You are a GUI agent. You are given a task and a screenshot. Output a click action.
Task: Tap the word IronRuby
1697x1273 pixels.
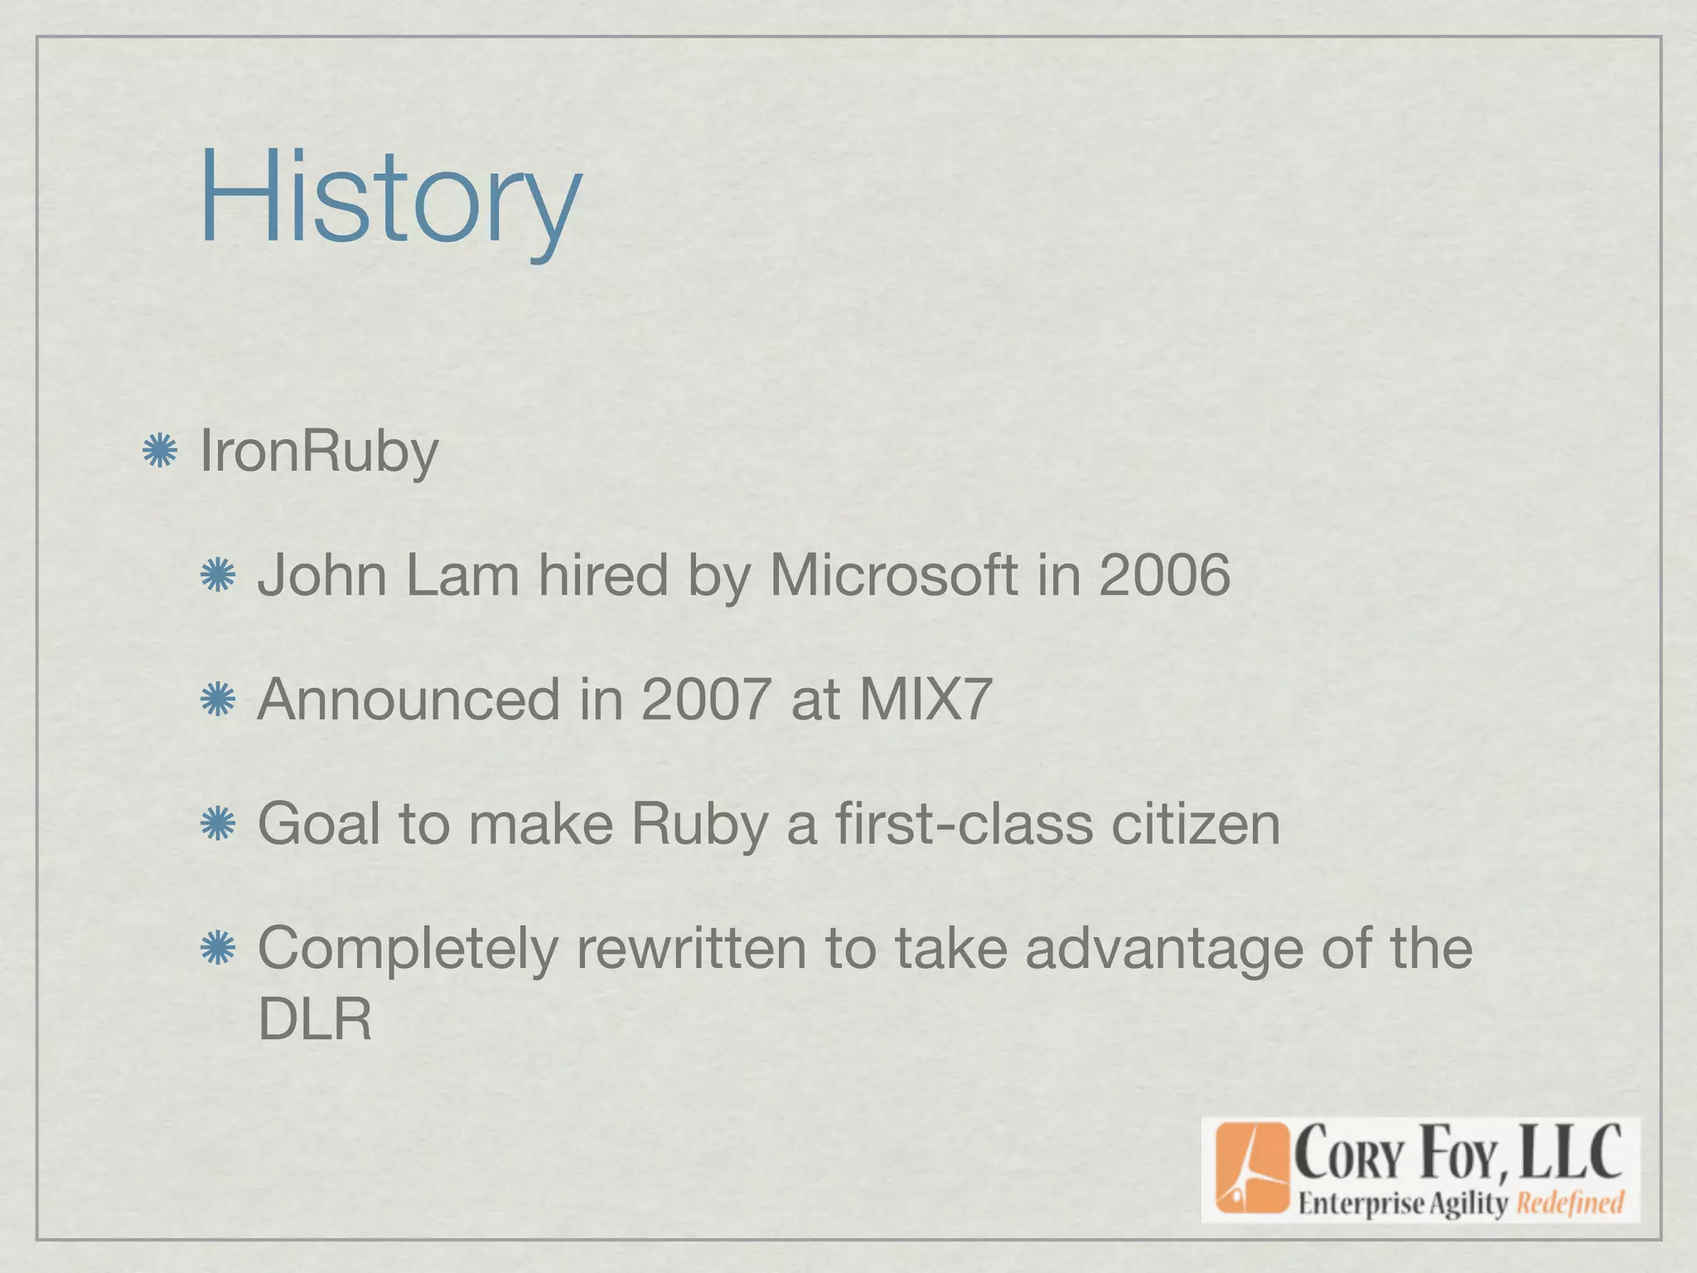[x=319, y=453]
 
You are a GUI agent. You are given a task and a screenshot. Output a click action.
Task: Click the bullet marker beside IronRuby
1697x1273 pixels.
[x=159, y=452]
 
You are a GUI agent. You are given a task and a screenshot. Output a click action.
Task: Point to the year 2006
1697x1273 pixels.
[x=1164, y=575]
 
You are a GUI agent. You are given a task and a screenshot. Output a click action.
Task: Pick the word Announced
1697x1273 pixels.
[x=409, y=699]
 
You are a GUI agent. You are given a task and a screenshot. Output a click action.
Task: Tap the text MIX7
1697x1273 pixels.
[x=925, y=699]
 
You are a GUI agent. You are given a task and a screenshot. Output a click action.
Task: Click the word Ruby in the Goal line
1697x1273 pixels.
[x=699, y=825]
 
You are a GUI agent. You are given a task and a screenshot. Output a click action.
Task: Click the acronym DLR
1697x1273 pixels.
[x=315, y=1019]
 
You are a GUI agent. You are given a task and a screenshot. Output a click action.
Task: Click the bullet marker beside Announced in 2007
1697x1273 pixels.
[x=218, y=699]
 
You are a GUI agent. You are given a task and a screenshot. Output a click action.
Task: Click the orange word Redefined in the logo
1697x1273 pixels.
[x=1569, y=1203]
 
